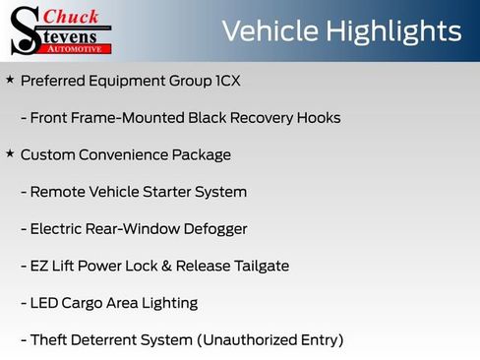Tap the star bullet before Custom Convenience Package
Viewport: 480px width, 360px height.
pyautogui.click(x=10, y=153)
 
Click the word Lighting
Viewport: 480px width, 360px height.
pyautogui.click(x=166, y=303)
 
